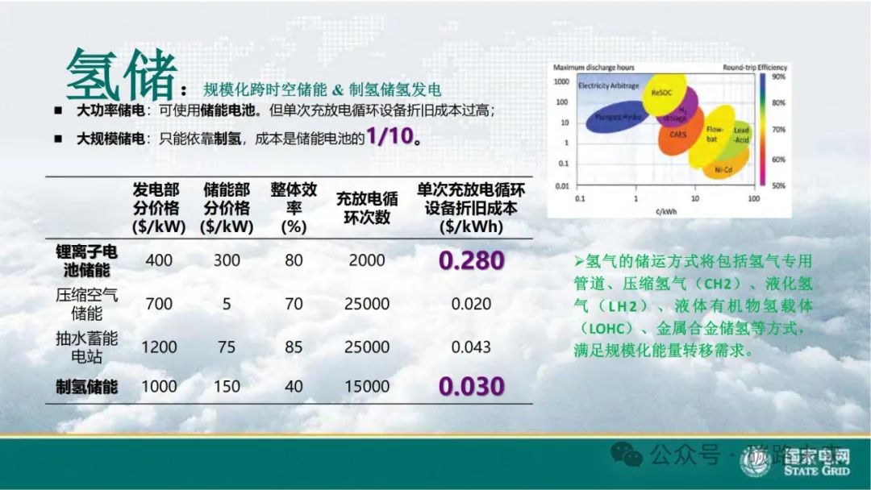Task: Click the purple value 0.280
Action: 472,261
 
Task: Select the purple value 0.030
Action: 472,386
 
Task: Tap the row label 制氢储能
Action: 86,387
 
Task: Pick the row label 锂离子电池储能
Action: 86,261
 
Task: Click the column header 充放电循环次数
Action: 367,208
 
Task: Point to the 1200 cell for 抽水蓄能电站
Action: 159,347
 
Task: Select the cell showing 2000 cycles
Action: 367,261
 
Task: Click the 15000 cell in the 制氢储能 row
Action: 367,387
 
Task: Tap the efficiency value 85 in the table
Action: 294,347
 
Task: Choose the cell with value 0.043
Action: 472,347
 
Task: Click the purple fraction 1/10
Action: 391,136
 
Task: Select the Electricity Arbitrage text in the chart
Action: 608,85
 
